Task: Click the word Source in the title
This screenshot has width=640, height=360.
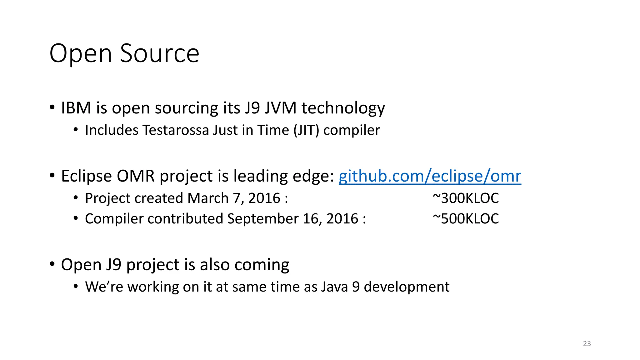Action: point(159,53)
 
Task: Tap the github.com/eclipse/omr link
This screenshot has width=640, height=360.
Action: point(430,176)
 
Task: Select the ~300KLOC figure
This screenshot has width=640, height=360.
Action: point(466,198)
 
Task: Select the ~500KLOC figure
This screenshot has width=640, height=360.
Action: point(466,219)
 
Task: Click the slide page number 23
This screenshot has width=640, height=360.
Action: point(587,344)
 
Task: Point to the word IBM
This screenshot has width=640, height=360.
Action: point(76,108)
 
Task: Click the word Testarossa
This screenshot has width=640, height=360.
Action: point(176,130)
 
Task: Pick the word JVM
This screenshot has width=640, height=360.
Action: point(280,108)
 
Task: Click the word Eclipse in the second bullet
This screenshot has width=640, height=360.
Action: point(86,176)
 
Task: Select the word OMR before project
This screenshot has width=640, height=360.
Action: point(136,176)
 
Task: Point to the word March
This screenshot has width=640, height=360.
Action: point(208,198)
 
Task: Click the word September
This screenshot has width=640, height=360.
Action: point(263,219)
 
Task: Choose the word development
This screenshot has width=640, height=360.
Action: point(407,287)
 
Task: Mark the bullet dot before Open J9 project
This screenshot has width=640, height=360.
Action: point(52,264)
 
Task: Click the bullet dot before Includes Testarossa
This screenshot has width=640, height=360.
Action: point(76,129)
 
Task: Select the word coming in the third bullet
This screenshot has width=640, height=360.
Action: point(262,265)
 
